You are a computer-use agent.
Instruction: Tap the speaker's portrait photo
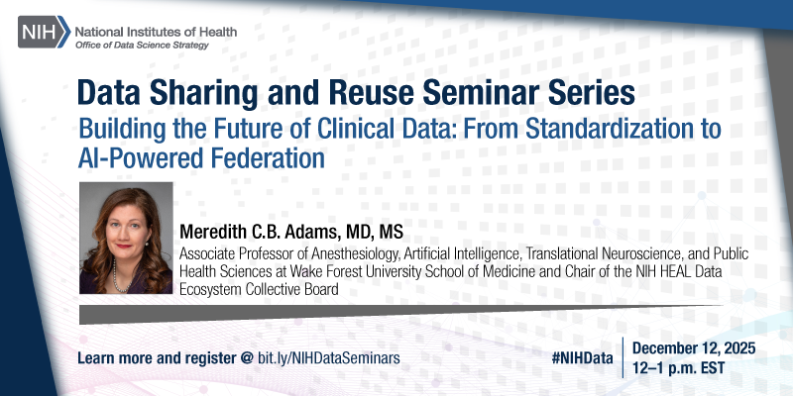pyautogui.click(x=126, y=238)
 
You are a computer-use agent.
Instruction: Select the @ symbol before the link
pyautogui.click(x=246, y=356)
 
